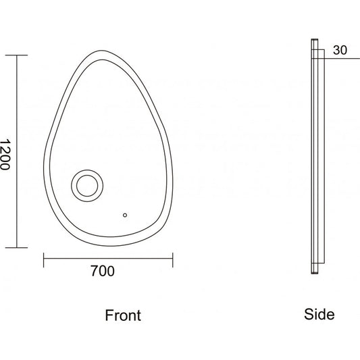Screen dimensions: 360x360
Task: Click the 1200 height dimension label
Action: pyautogui.click(x=5, y=154)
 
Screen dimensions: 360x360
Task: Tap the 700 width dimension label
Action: pyautogui.click(x=103, y=271)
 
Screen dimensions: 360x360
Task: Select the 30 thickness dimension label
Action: pyautogui.click(x=340, y=50)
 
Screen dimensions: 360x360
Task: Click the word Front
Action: pyautogui.click(x=123, y=315)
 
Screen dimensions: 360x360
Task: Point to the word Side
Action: pyautogui.click(x=319, y=314)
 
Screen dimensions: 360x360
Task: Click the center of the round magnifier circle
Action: pyautogui.click(x=87, y=186)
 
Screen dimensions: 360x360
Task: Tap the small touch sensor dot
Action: pyautogui.click(x=125, y=215)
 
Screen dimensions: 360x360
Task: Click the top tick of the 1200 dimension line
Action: pyautogui.click(x=16, y=55)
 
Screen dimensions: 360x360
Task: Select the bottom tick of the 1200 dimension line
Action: pyautogui.click(x=16, y=248)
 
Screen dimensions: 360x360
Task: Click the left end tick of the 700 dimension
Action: pyautogui.click(x=44, y=260)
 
